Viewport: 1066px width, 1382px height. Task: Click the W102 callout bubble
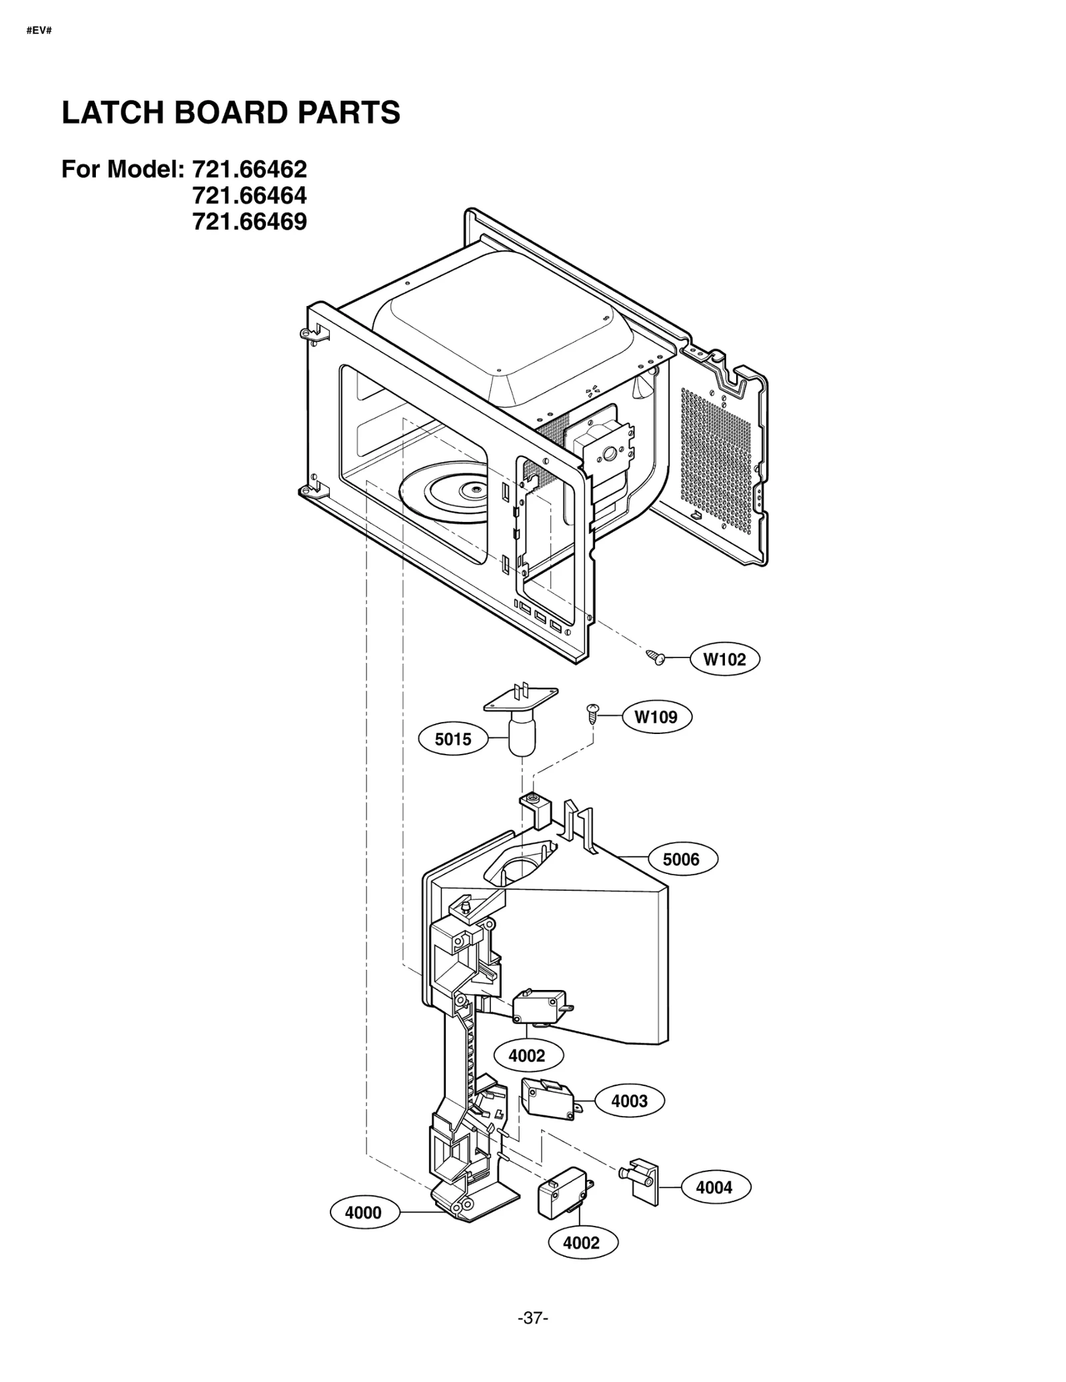click(724, 659)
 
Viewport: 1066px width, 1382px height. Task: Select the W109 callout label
click(656, 717)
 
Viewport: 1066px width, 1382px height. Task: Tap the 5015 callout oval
click(453, 739)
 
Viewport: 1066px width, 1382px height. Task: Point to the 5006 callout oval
click(681, 859)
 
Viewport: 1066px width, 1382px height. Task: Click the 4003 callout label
click(629, 1101)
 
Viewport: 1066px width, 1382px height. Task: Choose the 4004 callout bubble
click(714, 1187)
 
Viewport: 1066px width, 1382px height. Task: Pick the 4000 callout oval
click(363, 1213)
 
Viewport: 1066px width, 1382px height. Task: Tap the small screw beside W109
click(591, 713)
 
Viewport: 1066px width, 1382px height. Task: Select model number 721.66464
click(249, 195)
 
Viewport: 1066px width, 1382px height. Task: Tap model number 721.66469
click(249, 221)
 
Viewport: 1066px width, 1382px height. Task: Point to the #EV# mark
click(39, 31)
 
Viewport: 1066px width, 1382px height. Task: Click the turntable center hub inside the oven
click(474, 489)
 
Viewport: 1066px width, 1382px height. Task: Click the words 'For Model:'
click(123, 169)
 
